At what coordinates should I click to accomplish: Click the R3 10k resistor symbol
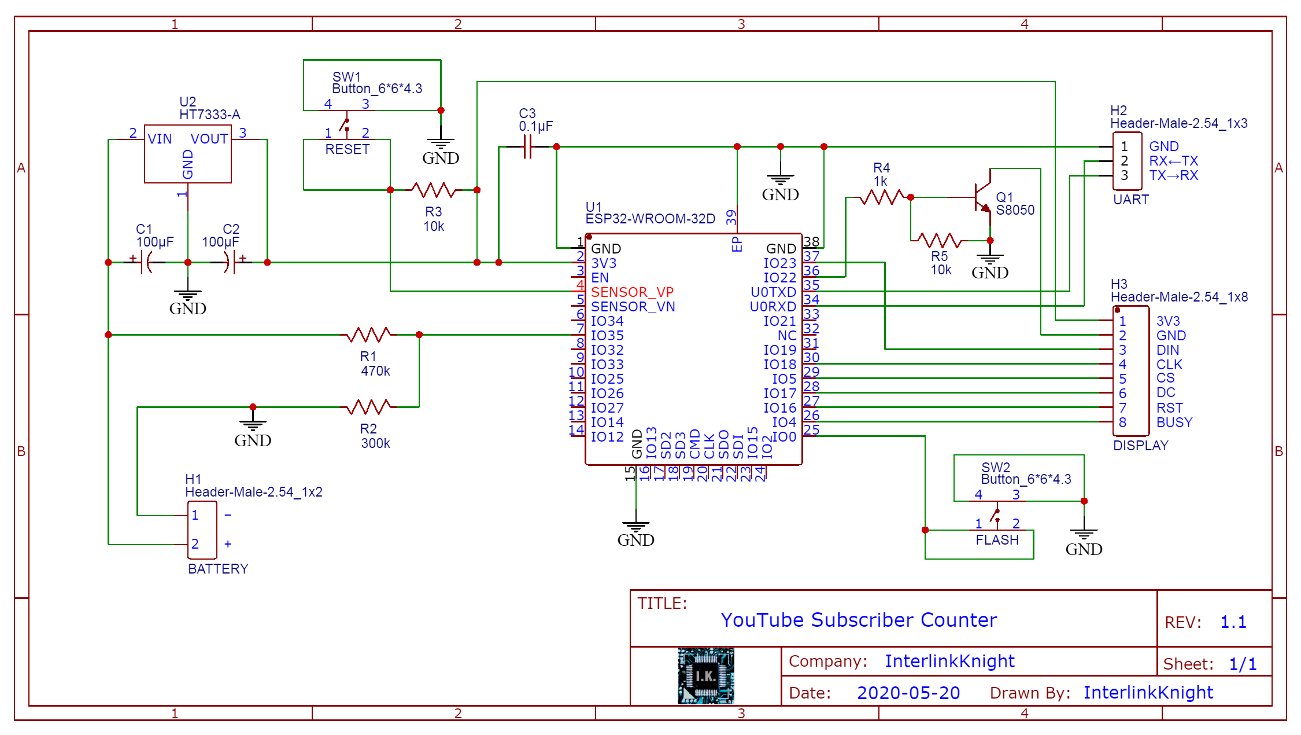tap(434, 190)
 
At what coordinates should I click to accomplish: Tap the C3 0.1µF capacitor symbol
tap(527, 147)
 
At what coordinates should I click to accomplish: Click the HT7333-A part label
tap(209, 115)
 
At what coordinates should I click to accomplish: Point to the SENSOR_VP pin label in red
tap(632, 292)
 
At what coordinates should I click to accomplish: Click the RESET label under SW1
tap(347, 149)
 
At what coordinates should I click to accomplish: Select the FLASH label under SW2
tap(997, 540)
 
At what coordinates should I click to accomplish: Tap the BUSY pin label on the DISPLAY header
tap(1174, 422)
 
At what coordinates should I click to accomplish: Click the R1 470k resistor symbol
tap(369, 335)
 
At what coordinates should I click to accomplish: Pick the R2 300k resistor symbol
tap(369, 407)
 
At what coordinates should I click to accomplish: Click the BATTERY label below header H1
tap(218, 569)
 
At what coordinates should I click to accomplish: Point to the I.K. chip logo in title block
tap(705, 675)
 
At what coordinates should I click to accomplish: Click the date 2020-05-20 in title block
tap(908, 693)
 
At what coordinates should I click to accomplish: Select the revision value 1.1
tap(1233, 622)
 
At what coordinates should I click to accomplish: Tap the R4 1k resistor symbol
tap(881, 197)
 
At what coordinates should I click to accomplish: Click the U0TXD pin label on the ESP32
tap(773, 292)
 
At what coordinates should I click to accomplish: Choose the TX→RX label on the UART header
tap(1173, 175)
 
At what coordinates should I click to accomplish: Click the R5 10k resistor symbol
tap(939, 240)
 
